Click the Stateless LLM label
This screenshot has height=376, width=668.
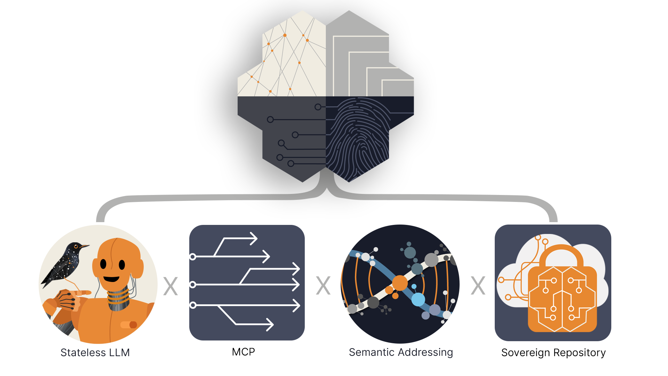click(x=95, y=353)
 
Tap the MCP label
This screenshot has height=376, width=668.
click(x=244, y=352)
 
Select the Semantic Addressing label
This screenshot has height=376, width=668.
click(x=401, y=352)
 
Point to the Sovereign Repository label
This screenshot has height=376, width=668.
click(x=553, y=353)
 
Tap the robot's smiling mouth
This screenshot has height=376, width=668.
click(x=111, y=279)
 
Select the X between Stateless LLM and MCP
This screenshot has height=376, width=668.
click(x=170, y=286)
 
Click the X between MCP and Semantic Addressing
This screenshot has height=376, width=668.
click(x=323, y=286)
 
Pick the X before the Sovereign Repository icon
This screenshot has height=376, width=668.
click(x=478, y=286)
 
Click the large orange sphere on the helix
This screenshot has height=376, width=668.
click(x=400, y=283)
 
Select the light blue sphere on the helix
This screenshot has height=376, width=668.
click(x=418, y=299)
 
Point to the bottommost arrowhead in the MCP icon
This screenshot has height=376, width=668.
click(x=270, y=324)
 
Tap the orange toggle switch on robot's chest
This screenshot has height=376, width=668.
click(x=129, y=325)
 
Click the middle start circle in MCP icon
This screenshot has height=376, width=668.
click(x=193, y=285)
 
